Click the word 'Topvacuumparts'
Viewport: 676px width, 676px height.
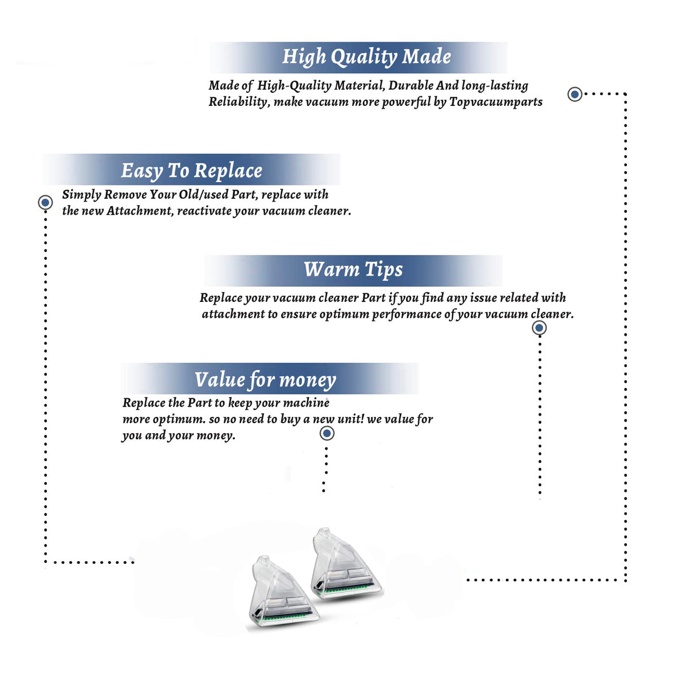(496, 102)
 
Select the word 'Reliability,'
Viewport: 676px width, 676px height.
(239, 102)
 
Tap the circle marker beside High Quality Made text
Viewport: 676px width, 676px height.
(575, 94)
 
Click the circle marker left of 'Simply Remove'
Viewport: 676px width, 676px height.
(45, 202)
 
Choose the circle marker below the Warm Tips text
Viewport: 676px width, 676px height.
(539, 328)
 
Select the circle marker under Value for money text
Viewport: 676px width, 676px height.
(327, 433)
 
